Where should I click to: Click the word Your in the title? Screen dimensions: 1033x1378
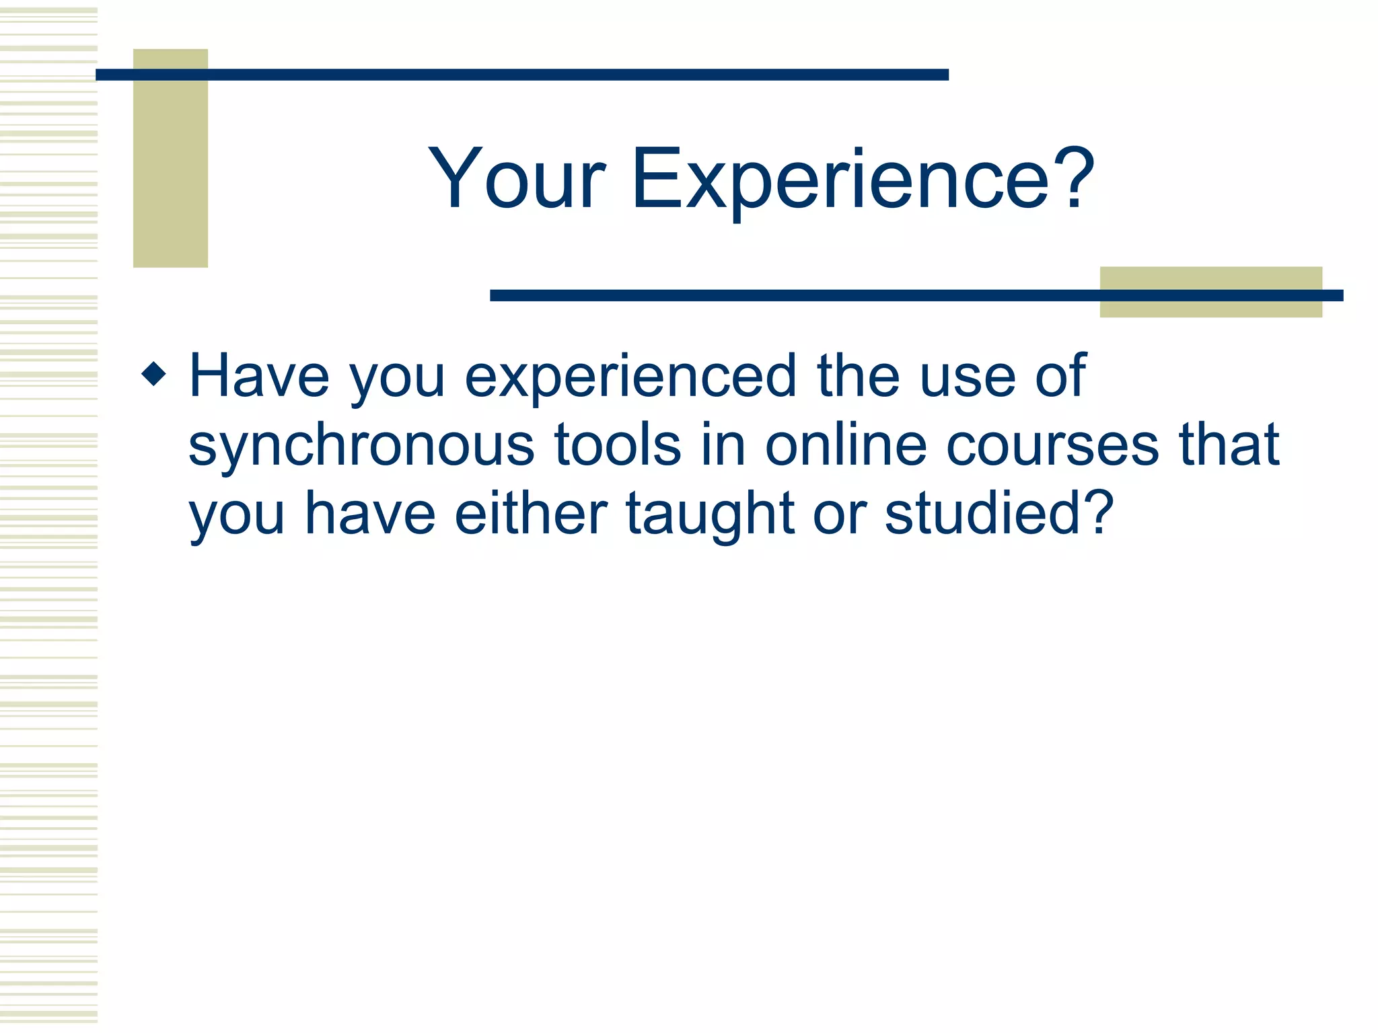click(517, 180)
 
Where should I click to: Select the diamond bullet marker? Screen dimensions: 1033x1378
click(154, 374)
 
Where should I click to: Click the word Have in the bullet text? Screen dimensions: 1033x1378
click(259, 377)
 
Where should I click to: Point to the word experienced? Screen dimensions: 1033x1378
click(630, 378)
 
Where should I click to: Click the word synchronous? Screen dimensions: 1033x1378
click(361, 447)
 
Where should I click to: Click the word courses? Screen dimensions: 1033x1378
click(1052, 445)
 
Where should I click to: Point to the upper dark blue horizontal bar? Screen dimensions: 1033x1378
click(521, 75)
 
